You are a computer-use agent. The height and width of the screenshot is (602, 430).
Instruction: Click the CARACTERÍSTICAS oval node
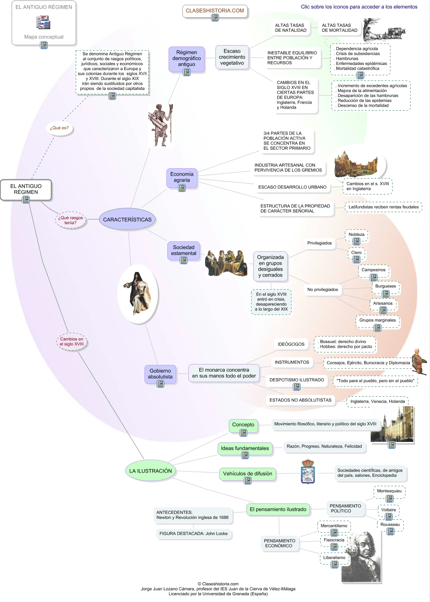coord(127,219)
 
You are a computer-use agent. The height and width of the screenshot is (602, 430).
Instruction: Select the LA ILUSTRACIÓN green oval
coord(150,471)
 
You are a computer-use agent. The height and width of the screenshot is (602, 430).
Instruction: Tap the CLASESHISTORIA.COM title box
coord(215,11)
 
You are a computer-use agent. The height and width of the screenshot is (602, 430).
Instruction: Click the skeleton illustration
coord(161,125)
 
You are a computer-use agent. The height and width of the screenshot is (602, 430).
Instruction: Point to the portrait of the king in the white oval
coord(138,293)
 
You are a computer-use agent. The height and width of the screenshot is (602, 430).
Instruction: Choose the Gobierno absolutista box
coord(160,374)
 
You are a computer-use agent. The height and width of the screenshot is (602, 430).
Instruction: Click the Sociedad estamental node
coord(184,250)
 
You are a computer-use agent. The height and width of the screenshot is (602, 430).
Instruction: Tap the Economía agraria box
coord(182,177)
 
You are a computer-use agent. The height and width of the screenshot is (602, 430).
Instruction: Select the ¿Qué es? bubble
coord(59,128)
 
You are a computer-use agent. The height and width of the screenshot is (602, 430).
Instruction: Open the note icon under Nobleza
coord(356,242)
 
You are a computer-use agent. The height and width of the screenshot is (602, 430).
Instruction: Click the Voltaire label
coord(389,509)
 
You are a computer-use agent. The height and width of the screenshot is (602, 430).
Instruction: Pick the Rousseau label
coord(390,524)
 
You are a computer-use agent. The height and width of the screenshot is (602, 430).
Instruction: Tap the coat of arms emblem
coord(308,472)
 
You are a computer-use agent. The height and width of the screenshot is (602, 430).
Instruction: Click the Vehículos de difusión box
coord(248,473)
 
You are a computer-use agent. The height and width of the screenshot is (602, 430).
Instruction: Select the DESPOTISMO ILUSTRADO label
coord(297,380)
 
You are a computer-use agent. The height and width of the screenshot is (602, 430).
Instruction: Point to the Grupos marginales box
coord(378,320)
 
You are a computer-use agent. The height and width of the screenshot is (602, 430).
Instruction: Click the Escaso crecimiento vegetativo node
coord(232,57)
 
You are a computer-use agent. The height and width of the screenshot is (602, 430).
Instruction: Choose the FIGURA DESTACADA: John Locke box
coord(193,534)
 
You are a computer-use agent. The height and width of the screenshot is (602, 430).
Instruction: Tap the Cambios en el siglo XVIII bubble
coord(72,342)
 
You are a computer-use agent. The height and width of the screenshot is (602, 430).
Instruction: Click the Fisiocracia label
coord(334,540)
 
